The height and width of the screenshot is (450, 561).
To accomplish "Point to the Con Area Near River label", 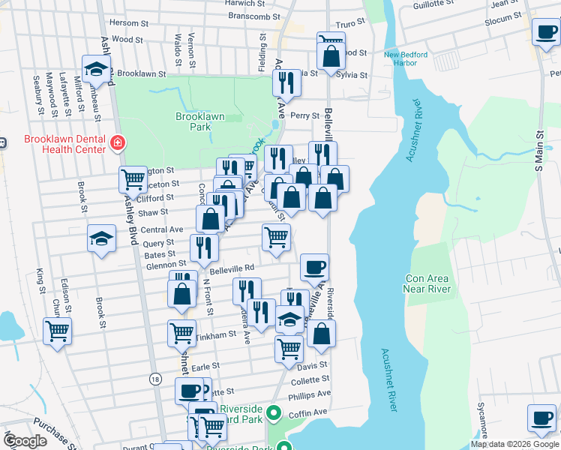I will pos(427,283).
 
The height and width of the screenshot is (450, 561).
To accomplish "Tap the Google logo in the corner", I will pos(25,441).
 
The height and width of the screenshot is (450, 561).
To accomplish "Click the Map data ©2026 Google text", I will pos(514,444).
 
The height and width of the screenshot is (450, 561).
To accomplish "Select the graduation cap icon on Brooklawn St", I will pos(97,70).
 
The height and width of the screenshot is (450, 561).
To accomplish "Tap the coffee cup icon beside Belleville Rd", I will pos(314,266).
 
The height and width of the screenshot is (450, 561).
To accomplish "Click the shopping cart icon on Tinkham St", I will pos(181,332).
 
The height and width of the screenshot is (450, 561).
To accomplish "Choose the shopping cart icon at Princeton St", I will pos(133,179).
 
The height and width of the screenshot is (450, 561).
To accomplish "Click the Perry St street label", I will pos(305,115).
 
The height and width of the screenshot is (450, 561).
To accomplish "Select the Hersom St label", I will pos(124,22).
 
